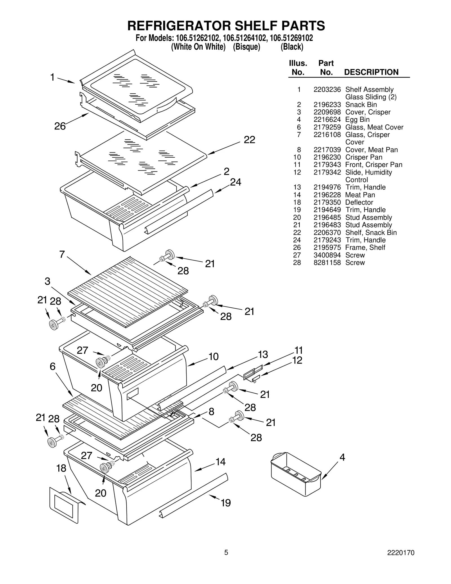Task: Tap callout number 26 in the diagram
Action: tap(60, 126)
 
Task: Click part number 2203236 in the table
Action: tap(327, 90)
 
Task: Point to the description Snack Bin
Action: tap(361, 105)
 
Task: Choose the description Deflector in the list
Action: tap(359, 202)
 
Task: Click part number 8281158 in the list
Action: tap(327, 263)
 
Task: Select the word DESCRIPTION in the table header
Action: tap(371, 72)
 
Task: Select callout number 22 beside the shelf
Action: tap(249, 140)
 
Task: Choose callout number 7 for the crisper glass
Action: tap(62, 254)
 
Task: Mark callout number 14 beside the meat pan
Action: tap(220, 462)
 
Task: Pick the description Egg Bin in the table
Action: tap(357, 120)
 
